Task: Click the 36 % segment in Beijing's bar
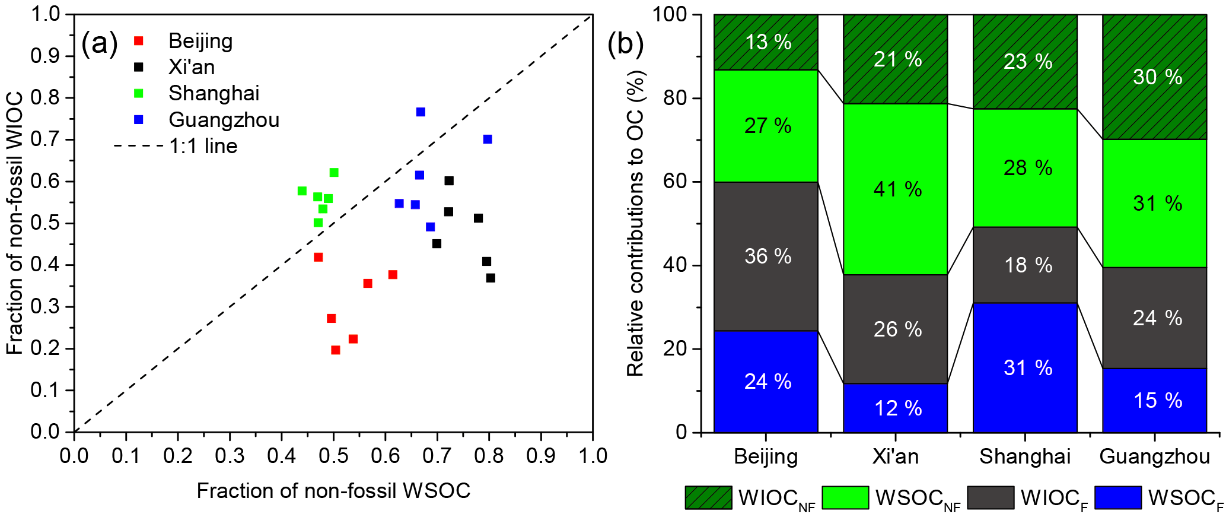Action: point(766,256)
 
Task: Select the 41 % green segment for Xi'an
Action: point(895,189)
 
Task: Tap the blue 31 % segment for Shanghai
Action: point(1025,367)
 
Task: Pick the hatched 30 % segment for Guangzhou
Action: point(1154,77)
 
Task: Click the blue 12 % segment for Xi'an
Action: point(895,408)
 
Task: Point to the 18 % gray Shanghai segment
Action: point(1025,265)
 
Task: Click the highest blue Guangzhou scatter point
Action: point(421,112)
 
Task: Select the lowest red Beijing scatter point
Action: point(336,350)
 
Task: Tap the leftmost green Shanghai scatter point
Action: point(302,191)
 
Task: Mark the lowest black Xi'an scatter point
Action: point(491,278)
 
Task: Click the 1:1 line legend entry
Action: point(176,146)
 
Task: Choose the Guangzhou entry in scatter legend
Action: point(223,120)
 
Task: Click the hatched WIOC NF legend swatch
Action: point(708,497)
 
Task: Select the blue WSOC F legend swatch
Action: point(1118,497)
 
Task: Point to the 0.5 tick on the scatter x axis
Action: point(333,456)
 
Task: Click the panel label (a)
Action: point(100,43)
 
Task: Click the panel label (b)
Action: point(625,43)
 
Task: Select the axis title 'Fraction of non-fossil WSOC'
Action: point(333,491)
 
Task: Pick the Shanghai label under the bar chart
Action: point(1025,456)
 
